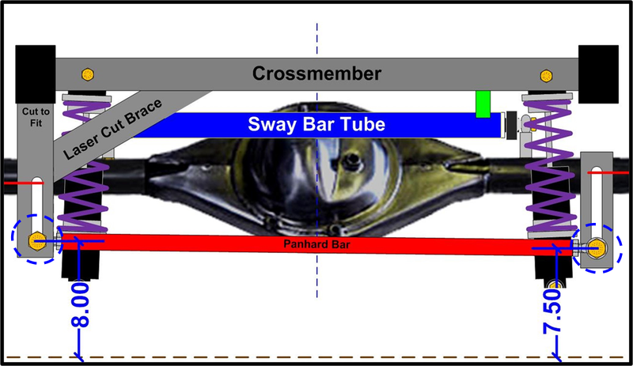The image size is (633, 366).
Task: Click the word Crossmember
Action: coord(316,74)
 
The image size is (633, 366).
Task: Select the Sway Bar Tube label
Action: coord(316,124)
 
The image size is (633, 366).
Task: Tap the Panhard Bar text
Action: coord(316,244)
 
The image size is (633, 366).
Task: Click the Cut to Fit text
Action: coord(35,117)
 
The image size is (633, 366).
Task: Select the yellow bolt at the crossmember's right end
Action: coord(545,76)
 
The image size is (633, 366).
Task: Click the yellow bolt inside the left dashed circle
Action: coord(35,240)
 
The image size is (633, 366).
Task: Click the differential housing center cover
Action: coord(316,166)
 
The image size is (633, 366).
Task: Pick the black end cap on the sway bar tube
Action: coord(510,124)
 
